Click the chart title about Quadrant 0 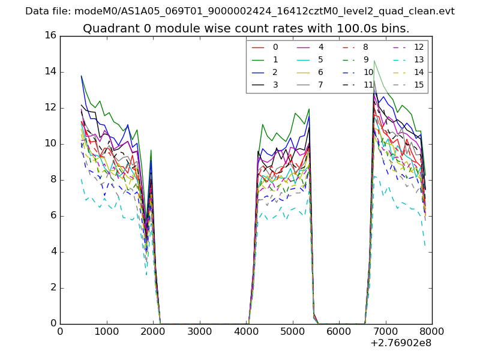pos(246,28)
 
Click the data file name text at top pos(240,11)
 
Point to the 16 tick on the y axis pos(50,35)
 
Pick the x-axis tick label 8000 pos(432,331)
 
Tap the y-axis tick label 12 pos(50,107)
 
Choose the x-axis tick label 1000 pos(106,331)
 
